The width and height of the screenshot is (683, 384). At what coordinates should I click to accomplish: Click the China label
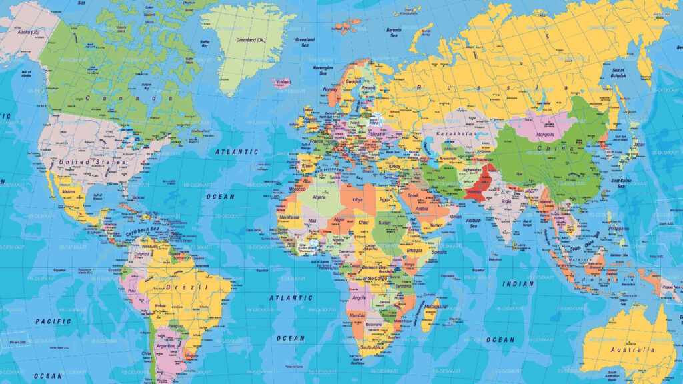pos(556,147)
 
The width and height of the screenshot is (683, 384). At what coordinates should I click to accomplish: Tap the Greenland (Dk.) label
pos(250,39)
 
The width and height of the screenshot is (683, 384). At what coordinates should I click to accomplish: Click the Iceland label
pos(284,82)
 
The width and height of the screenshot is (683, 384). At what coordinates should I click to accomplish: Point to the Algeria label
pos(321,197)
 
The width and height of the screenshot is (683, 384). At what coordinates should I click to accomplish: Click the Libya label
pos(358,199)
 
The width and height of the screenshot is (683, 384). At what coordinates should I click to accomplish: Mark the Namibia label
pos(358,314)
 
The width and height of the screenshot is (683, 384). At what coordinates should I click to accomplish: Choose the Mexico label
pos(68,191)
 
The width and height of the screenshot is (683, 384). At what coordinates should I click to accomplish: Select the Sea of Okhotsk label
pos(618,73)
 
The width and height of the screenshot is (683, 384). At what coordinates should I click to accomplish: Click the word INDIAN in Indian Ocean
pos(518,284)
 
